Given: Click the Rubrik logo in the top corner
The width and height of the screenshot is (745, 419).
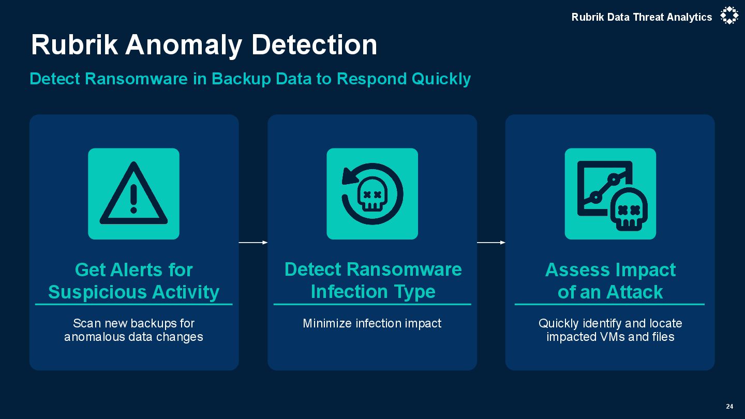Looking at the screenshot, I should click(x=729, y=16).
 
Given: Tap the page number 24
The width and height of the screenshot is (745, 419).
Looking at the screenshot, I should click(x=729, y=407).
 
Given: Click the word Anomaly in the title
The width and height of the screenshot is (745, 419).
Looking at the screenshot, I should click(x=184, y=45).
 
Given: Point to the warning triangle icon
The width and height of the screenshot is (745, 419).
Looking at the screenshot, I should click(x=133, y=193).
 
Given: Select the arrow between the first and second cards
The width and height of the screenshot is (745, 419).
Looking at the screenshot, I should click(x=253, y=242).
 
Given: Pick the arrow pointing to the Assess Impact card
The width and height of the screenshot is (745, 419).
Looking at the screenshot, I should click(x=491, y=242).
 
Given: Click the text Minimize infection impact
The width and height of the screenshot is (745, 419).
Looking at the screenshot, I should click(x=372, y=324).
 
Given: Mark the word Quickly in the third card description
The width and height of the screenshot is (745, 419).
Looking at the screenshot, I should click(x=558, y=324).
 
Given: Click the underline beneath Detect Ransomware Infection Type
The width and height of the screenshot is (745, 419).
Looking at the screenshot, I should click(x=372, y=304).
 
